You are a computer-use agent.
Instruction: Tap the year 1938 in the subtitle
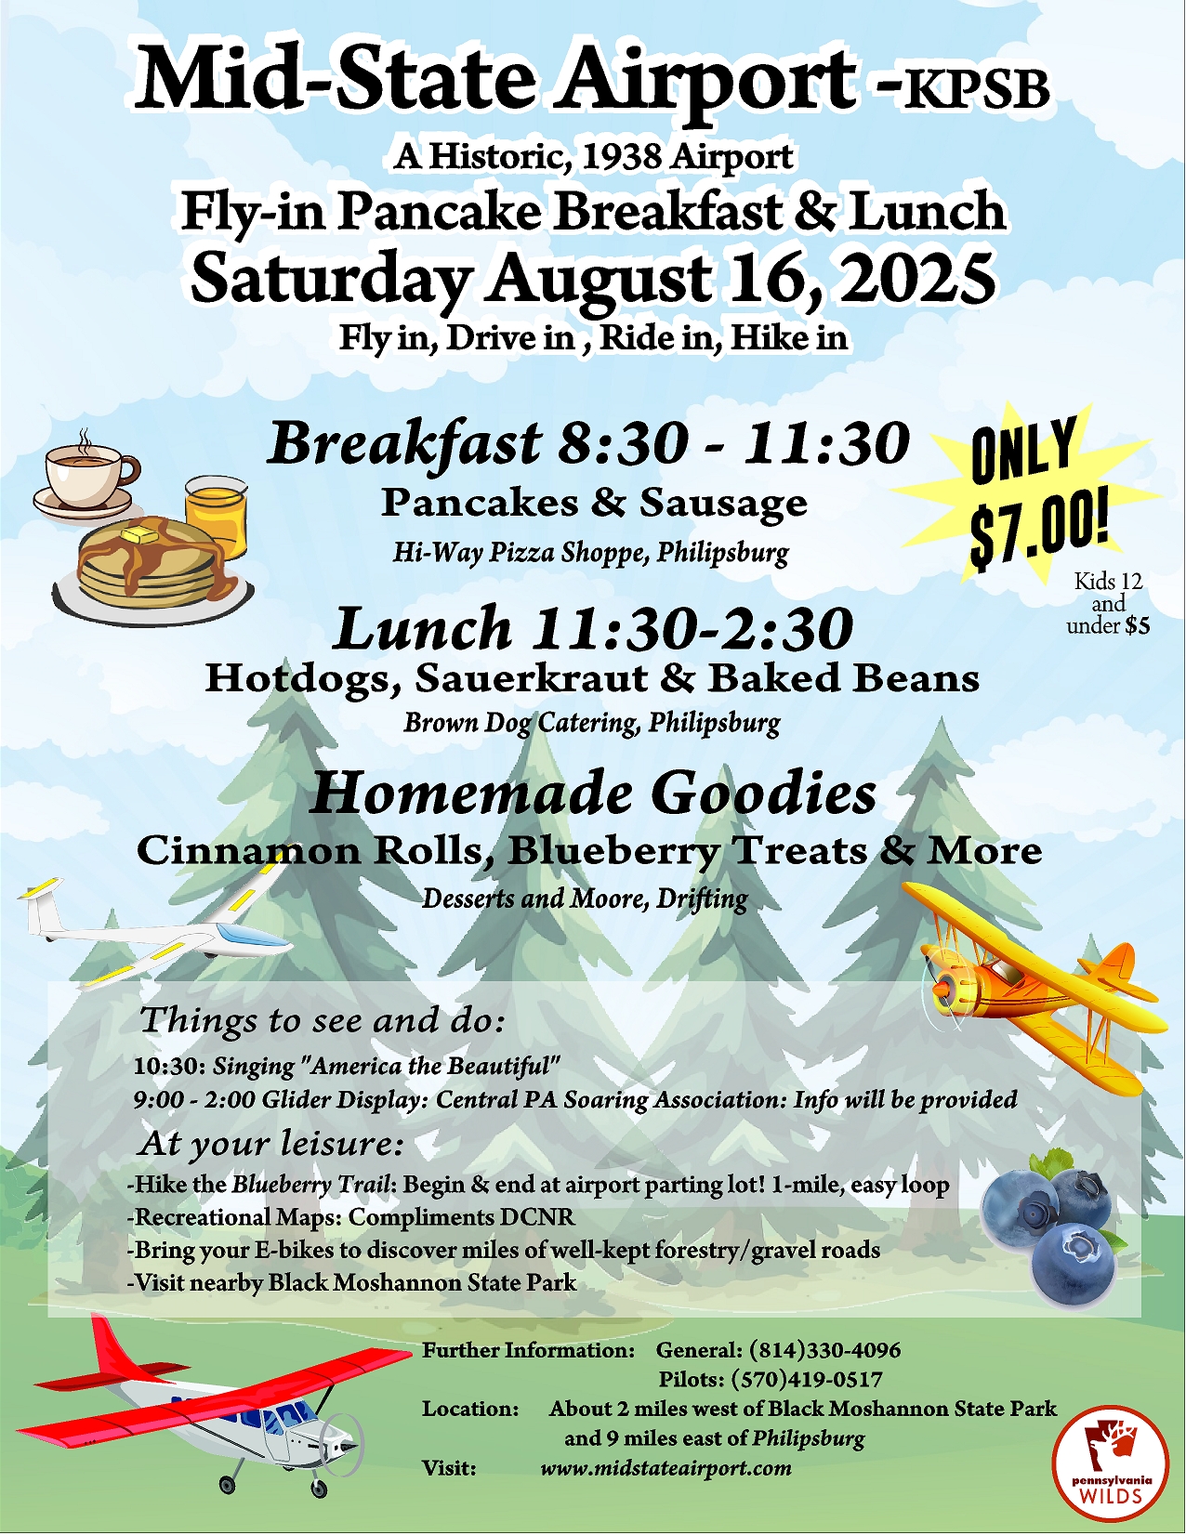pyautogui.click(x=620, y=156)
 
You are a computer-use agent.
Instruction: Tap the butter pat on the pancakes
pyautogui.click(x=143, y=532)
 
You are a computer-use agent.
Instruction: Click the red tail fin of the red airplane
pyautogui.click(x=111, y=1343)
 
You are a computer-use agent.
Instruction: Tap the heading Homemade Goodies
pyautogui.click(x=593, y=794)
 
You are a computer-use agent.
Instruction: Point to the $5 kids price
pyautogui.click(x=1138, y=626)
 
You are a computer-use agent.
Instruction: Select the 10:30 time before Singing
pyautogui.click(x=169, y=1066)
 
